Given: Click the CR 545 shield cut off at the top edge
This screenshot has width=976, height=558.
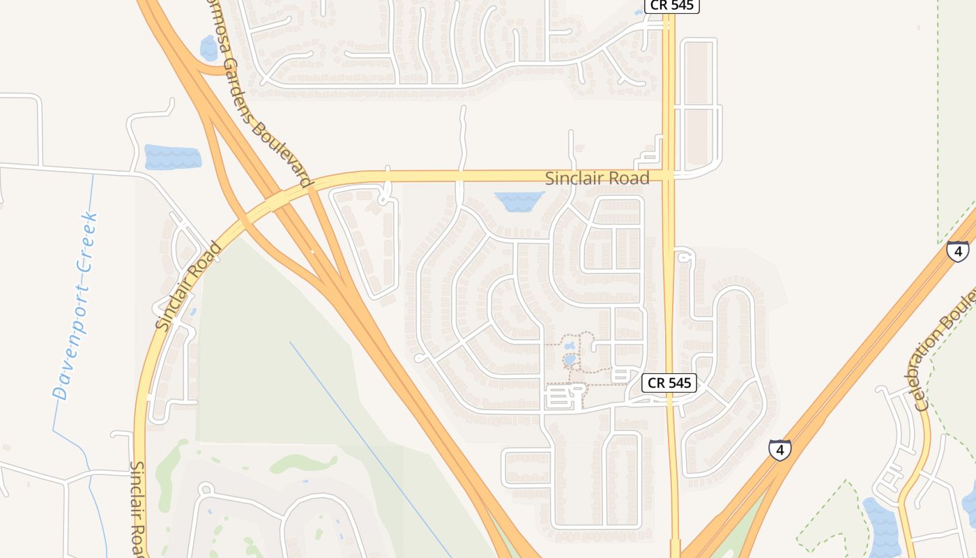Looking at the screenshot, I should coord(671,6).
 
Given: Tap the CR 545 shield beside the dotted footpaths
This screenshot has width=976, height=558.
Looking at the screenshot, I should coord(669,382).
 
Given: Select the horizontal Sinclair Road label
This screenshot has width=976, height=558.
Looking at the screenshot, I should coord(597,178).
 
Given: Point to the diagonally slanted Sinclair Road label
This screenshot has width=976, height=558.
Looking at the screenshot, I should coord(188,286).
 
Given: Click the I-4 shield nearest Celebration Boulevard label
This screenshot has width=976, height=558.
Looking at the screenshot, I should coord(957,250).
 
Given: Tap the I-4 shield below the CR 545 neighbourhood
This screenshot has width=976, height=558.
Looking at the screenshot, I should coord(780,450).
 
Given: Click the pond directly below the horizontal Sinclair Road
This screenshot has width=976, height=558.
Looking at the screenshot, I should coord(519,201).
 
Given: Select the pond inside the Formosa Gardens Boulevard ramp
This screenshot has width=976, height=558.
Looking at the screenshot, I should coord(208,49).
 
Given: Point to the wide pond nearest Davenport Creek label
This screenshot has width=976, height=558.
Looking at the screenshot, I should coord(172,157).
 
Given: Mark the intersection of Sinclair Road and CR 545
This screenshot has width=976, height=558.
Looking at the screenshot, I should coord(669,174).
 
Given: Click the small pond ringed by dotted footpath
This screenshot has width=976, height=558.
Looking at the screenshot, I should coord(570,360).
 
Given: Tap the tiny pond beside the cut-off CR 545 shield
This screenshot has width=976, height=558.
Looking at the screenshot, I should coord(638,12).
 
